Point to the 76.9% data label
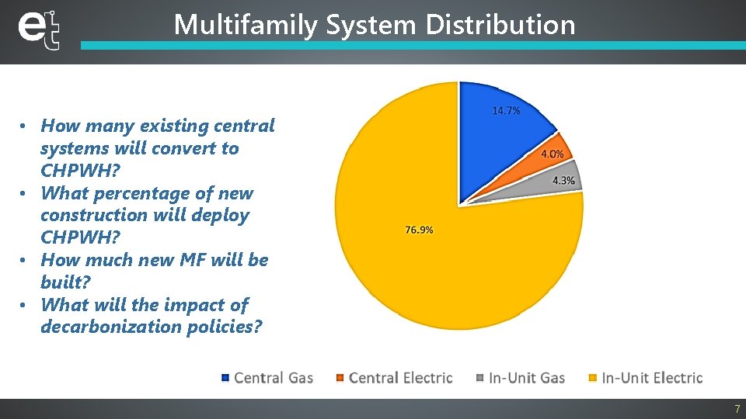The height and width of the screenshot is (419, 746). point(419,230)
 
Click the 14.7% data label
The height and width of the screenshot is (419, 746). point(506,111)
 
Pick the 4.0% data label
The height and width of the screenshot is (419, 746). point(553,154)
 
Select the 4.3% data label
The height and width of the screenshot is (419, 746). point(563,180)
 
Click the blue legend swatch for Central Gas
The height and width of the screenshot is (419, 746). point(225,378)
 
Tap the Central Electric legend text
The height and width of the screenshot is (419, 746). point(400,378)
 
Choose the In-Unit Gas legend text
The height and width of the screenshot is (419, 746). point(527,378)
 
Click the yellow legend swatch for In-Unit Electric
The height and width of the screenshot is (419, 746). point(593,378)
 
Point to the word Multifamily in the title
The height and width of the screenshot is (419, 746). point(246,25)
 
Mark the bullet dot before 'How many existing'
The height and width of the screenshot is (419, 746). point(25,126)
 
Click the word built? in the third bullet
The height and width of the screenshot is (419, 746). point(65,282)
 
